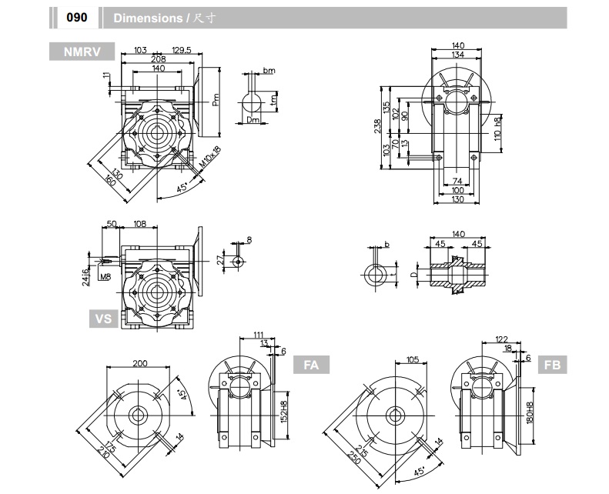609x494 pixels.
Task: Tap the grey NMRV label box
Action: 82,52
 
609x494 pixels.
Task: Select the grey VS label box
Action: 103,317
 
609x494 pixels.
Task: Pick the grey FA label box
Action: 312,365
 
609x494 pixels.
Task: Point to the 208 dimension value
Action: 159,59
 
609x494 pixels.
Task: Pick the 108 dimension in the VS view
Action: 140,224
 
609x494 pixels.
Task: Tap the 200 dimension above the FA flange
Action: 139,362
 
